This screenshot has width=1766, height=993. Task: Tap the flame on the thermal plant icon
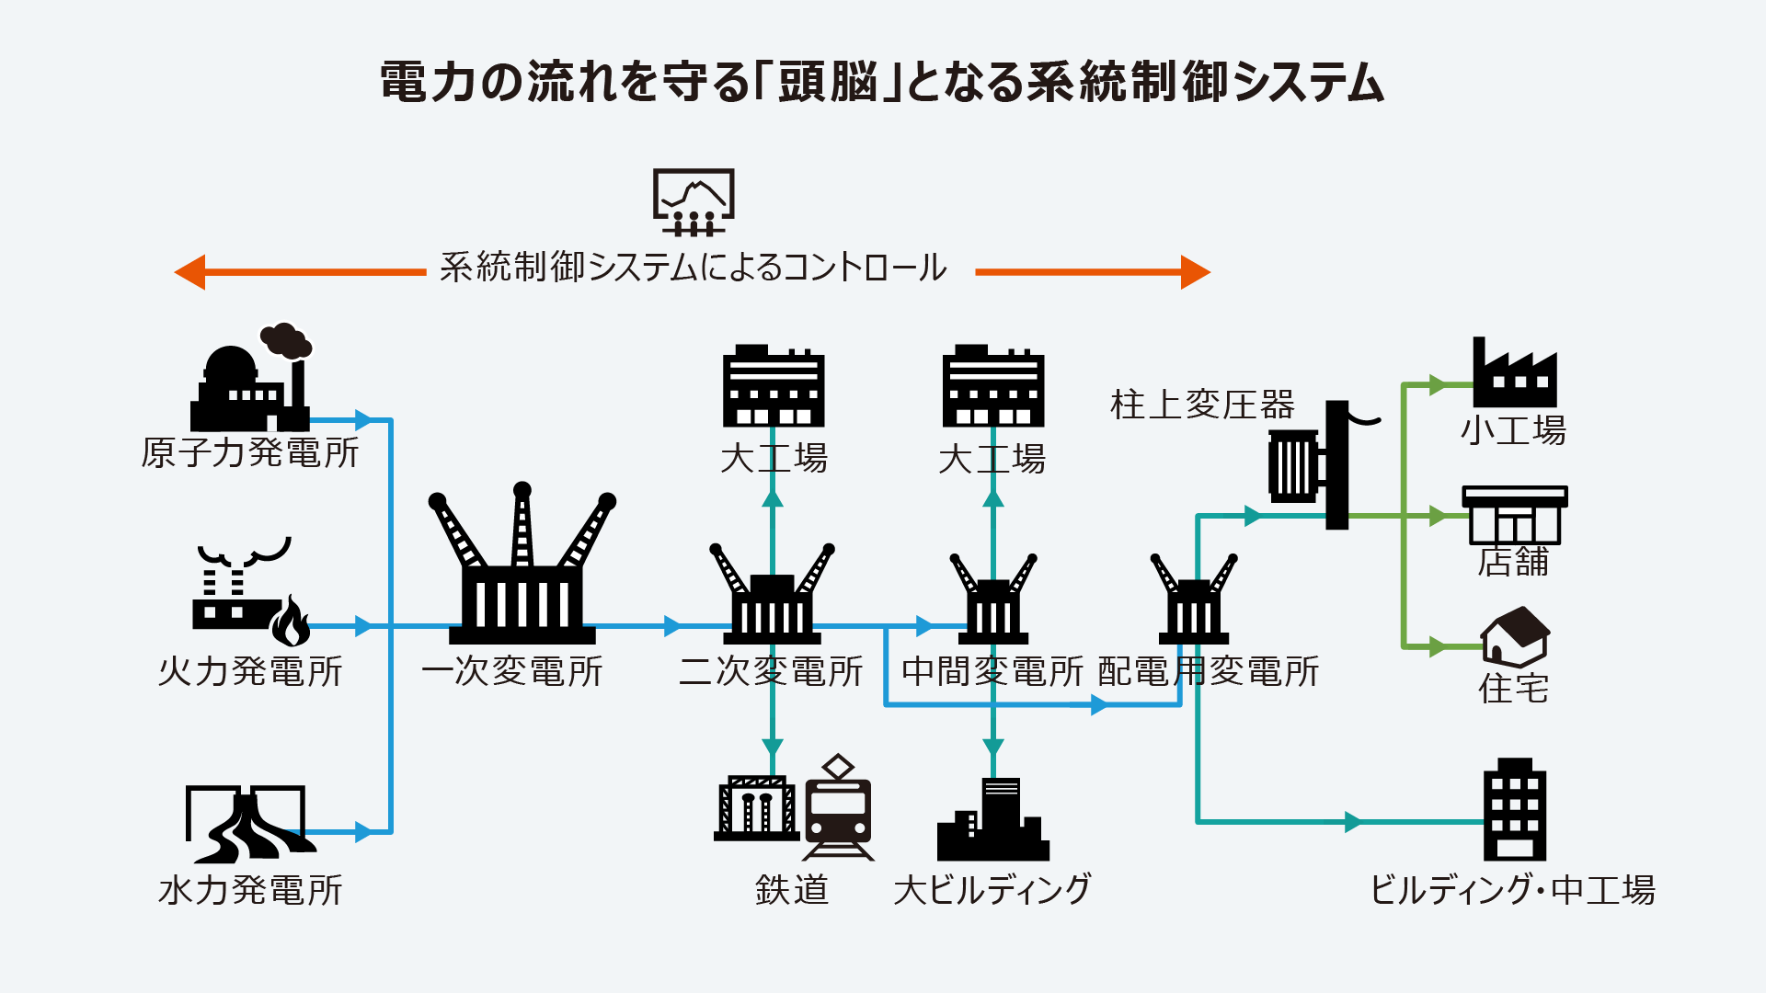(291, 622)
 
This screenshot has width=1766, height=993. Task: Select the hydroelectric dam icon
(247, 823)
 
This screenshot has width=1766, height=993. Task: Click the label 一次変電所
(511, 671)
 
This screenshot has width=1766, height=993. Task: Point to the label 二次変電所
(771, 671)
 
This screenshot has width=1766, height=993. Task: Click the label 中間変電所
(992, 671)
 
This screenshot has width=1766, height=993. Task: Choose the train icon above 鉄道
(838, 809)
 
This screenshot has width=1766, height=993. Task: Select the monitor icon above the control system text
(694, 200)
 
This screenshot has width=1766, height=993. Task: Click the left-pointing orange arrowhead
(190, 272)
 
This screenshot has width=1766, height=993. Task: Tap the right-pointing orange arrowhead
(1195, 272)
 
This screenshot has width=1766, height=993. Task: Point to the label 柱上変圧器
(1202, 405)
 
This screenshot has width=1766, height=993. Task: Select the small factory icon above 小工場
(1514, 375)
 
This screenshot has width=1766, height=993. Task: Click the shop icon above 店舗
(1514, 516)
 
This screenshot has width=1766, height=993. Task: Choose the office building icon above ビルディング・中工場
(1514, 809)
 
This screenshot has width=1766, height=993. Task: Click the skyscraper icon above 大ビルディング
(993, 820)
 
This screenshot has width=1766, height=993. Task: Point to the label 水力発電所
(250, 890)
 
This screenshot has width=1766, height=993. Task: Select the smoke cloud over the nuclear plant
(286, 340)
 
